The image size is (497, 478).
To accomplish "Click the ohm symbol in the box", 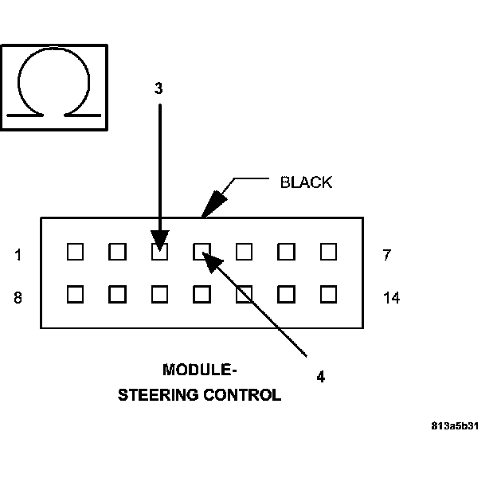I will pyautogui.click(x=53, y=86).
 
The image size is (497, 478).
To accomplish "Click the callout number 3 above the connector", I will pyautogui.click(x=158, y=88).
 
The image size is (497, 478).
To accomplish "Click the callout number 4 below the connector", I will pyautogui.click(x=320, y=377).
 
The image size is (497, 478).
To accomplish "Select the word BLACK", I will pyautogui.click(x=306, y=182).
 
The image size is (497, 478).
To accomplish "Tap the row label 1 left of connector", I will pyautogui.click(x=18, y=255).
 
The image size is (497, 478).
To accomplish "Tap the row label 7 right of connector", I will pyautogui.click(x=387, y=255).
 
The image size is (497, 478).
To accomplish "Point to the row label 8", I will pyautogui.click(x=18, y=298).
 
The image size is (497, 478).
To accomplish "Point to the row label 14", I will pyautogui.click(x=390, y=298).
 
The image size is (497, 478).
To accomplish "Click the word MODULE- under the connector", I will pyautogui.click(x=200, y=370).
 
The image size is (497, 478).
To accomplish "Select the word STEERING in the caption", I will pyautogui.click(x=158, y=394).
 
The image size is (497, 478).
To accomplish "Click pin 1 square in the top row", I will pyautogui.click(x=75, y=252).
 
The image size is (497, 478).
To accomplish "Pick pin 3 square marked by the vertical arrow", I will pyautogui.click(x=159, y=252).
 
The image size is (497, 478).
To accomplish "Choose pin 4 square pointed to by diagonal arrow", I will pyautogui.click(x=202, y=252).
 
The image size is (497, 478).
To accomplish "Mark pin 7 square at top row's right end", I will pyautogui.click(x=328, y=252).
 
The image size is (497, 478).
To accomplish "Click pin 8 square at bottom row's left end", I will pyautogui.click(x=75, y=294).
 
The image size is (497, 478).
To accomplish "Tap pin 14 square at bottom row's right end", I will pyautogui.click(x=328, y=294).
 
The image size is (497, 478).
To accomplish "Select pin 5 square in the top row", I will pyautogui.click(x=244, y=252).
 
